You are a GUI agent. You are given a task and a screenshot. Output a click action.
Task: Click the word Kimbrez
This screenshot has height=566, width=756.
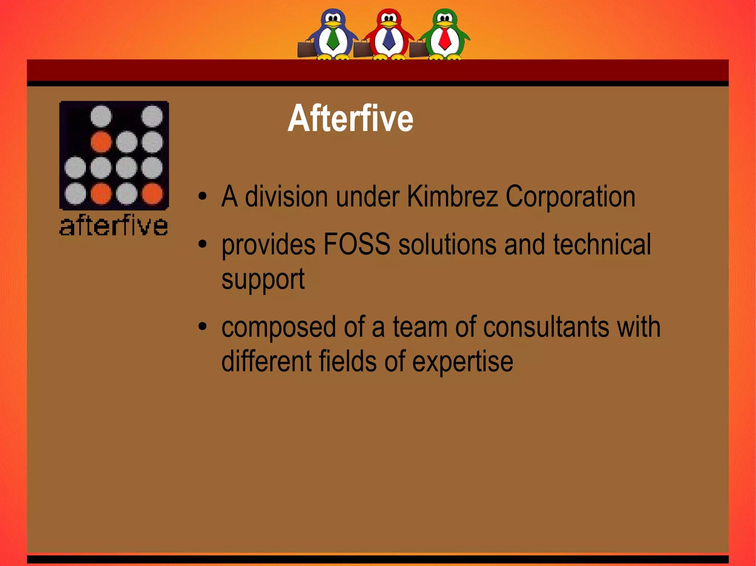point(452,197)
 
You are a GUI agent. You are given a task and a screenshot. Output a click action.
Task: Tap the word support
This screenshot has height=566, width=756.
point(263,279)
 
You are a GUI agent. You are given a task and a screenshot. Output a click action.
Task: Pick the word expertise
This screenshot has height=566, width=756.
point(463,362)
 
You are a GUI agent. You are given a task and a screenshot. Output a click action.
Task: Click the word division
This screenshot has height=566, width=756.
point(286,197)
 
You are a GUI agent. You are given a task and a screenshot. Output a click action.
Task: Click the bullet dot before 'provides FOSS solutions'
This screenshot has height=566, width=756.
point(202,244)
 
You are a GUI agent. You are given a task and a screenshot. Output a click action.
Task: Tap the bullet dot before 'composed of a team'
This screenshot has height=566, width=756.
point(202,326)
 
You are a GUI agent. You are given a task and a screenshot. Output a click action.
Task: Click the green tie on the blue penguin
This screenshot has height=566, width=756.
point(333,39)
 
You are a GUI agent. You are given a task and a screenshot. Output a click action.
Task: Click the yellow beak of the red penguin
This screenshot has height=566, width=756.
point(389,24)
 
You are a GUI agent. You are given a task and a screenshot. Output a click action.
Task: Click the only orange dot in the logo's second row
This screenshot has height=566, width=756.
point(101,142)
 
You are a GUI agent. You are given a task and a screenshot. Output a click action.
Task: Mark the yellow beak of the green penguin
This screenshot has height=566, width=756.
point(445,24)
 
